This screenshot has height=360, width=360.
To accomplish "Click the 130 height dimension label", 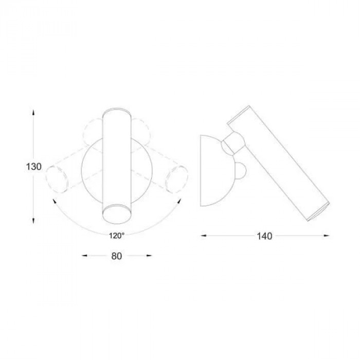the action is click(34, 167).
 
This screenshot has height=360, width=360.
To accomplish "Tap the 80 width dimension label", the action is click(117, 256).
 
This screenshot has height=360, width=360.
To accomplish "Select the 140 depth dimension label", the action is click(264, 236).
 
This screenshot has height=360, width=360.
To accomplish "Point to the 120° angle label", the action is click(117, 236).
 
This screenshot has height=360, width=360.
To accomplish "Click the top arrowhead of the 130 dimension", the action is click(33, 113).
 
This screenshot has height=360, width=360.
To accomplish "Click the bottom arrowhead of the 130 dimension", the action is click(33, 221).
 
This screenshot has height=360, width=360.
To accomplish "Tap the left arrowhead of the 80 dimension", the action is click(85, 255).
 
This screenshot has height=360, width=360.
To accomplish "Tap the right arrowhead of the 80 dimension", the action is click(149, 255).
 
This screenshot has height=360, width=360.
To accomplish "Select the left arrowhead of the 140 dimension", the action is click(204, 236).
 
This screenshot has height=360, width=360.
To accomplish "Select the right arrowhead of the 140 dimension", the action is click(327, 236).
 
